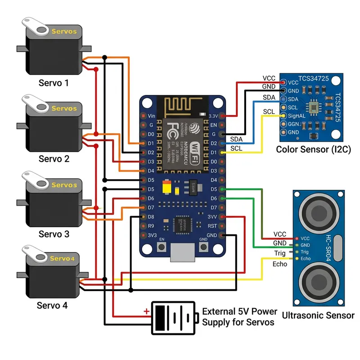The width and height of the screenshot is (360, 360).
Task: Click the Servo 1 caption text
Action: coord(54,83)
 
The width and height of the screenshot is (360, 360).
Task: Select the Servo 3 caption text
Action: coord(54,234)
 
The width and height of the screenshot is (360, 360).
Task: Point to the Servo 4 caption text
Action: coord(52,306)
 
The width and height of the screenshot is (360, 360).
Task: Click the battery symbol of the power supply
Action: coord(174,318)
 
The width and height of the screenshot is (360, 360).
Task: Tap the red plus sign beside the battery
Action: coord(146,311)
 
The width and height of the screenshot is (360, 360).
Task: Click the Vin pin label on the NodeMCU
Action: coord(152,116)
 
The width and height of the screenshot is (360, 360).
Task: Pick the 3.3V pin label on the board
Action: coord(214,116)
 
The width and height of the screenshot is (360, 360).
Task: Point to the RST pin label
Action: coord(213,226)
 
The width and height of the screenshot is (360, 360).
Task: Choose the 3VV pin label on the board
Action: coord(213,217)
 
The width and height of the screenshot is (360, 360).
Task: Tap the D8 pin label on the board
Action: coord(151,217)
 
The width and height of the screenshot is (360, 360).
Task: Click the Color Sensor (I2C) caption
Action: coord(313,149)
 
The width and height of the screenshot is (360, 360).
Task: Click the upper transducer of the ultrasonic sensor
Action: coord(318,210)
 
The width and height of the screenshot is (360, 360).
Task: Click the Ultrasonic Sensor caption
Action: coord(318,315)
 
